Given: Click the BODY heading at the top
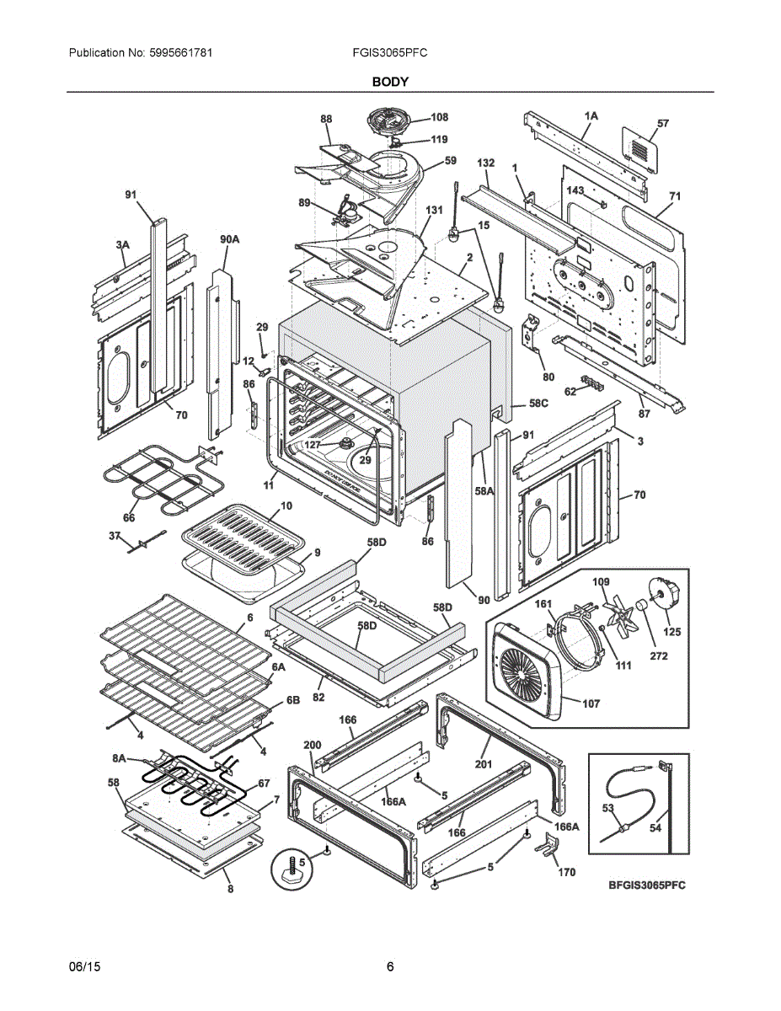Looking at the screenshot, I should tap(390, 82).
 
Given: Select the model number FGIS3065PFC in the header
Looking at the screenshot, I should tap(390, 52).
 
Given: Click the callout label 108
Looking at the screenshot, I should tap(439, 118).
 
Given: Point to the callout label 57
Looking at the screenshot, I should tap(662, 124).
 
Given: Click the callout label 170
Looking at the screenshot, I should tap(566, 872).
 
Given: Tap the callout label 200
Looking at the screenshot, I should tap(312, 745).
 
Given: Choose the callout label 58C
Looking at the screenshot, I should tap(538, 404).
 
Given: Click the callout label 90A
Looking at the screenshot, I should tap(229, 240).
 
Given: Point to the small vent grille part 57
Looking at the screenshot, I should tap(639, 149).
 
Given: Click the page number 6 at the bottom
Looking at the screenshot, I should tap(390, 966).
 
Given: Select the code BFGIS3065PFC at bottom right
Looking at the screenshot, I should tap(647, 885).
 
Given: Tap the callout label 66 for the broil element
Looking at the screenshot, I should tap(128, 517).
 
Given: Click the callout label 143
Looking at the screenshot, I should tap(575, 191).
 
